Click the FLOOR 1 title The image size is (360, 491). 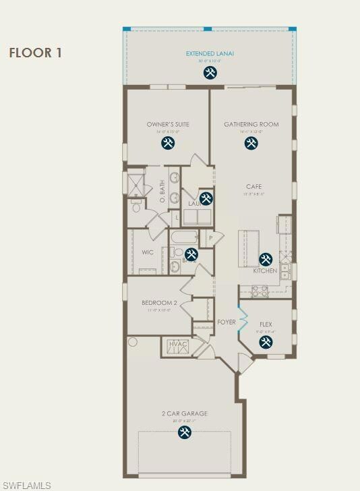click(x=35, y=53)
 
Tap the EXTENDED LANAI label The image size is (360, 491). click(x=210, y=53)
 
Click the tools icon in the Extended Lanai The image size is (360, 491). click(x=210, y=72)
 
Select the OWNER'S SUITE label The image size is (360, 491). click(x=168, y=125)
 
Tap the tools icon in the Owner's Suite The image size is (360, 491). click(x=168, y=143)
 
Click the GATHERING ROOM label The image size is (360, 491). click(x=251, y=125)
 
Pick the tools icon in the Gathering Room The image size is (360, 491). click(x=251, y=143)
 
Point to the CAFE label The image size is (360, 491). click(x=253, y=187)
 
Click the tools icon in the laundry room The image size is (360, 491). click(x=206, y=198)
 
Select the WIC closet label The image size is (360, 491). click(x=147, y=252)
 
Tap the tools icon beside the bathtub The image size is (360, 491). click(x=191, y=254)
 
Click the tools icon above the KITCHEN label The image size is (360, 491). click(x=266, y=259)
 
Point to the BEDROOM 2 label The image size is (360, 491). click(x=159, y=304)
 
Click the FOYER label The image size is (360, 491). click(x=227, y=322)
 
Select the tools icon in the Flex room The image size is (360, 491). click(x=266, y=342)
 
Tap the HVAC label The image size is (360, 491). click(x=178, y=345)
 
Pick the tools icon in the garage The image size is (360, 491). click(x=184, y=432)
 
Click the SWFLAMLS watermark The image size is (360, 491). click(x=27, y=485)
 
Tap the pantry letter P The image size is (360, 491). click(x=210, y=237)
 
